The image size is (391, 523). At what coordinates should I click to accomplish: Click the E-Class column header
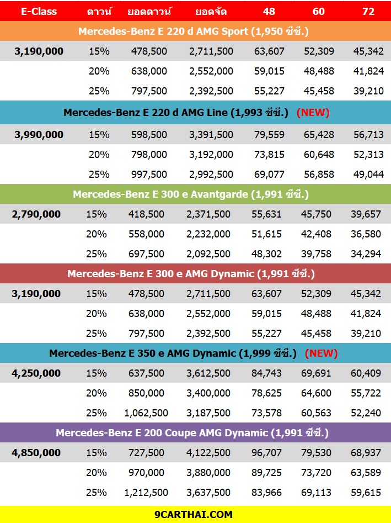(39, 12)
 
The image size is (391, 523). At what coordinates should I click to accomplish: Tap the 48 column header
(269, 12)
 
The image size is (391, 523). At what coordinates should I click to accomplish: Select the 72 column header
(368, 12)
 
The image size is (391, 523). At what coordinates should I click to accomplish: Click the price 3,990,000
(39, 135)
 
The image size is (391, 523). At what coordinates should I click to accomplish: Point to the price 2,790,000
(36, 214)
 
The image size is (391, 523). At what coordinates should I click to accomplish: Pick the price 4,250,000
(36, 373)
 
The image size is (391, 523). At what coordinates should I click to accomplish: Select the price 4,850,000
(36, 453)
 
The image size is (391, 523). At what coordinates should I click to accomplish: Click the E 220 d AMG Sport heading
(194, 31)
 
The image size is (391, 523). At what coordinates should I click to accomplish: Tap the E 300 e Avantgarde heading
(191, 194)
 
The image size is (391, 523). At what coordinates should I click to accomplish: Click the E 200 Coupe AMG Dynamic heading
(192, 433)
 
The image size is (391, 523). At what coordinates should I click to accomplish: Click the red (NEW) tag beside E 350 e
(321, 353)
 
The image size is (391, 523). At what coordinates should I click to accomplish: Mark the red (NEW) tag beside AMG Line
(313, 113)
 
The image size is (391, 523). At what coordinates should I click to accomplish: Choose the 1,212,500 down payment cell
(146, 493)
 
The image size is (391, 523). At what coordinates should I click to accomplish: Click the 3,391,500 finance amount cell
(211, 135)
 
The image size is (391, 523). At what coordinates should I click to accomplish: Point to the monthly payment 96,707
(266, 453)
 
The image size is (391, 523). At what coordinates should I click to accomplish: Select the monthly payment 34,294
(366, 254)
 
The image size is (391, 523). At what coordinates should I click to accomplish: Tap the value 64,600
(316, 393)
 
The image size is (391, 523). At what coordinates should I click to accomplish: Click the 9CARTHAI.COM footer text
(194, 515)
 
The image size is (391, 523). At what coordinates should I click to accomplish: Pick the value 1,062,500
(146, 413)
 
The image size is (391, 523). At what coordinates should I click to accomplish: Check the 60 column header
(318, 12)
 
